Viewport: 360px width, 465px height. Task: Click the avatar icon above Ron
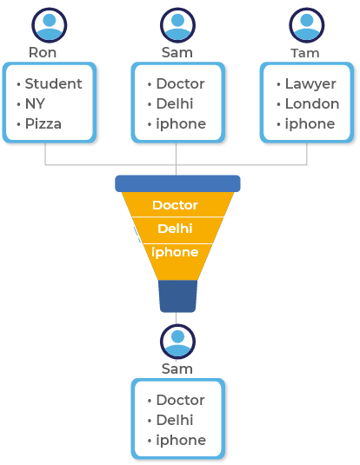pos(50,25)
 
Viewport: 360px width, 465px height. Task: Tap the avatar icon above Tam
pos(307,25)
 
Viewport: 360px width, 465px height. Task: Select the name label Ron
pos(43,53)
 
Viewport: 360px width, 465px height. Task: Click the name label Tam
pos(305,53)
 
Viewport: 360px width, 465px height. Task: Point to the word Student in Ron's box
pos(53,83)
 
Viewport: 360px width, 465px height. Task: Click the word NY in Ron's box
pos(35,103)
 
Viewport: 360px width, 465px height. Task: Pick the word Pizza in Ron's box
pos(43,123)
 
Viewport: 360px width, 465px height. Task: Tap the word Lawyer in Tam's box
pos(310,84)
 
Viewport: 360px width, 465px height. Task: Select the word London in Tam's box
pos(312,103)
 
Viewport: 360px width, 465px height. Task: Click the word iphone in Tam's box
pos(310,124)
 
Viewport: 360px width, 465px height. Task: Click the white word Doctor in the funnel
pos(175,205)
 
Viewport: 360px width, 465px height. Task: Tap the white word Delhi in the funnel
pos(175,229)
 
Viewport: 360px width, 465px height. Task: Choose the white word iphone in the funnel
pos(175,252)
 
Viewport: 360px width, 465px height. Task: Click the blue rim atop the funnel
pos(177,183)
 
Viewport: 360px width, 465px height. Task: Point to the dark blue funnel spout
pos(177,296)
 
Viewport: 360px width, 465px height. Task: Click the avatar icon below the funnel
pos(177,342)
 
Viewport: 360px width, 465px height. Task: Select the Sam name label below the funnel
pos(177,369)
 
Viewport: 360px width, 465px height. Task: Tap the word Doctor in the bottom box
pos(181,400)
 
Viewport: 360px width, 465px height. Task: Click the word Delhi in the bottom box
pos(175,420)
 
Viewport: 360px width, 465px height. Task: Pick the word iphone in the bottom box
pos(181,441)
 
